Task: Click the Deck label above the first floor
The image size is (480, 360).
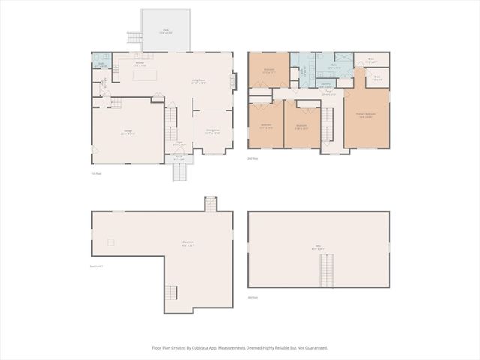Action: click(164, 31)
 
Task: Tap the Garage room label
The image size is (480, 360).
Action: click(128, 133)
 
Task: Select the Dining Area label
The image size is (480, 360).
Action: click(212, 131)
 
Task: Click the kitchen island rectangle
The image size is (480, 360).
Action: click(145, 75)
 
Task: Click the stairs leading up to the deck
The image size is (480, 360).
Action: click(133, 37)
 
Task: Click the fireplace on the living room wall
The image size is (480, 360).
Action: click(234, 81)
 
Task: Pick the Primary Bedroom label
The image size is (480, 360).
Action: click(366, 115)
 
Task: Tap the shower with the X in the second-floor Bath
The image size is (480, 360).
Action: click(344, 59)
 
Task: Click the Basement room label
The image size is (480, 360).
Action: click(187, 243)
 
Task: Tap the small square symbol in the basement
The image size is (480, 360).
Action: click(111, 241)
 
